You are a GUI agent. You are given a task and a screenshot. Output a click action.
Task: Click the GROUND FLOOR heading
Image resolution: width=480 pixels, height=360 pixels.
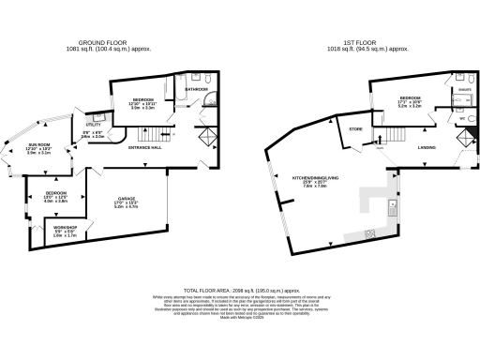(102, 41)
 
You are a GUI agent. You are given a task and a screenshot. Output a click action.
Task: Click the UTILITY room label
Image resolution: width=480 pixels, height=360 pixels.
(94, 124)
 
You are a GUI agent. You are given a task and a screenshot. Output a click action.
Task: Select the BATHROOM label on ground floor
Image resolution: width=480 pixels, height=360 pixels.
(196, 90)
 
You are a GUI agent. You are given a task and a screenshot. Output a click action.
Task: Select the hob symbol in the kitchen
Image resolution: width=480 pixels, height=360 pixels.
(371, 232)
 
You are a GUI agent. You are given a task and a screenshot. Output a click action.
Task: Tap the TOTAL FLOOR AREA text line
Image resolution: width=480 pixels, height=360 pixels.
(239, 292)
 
